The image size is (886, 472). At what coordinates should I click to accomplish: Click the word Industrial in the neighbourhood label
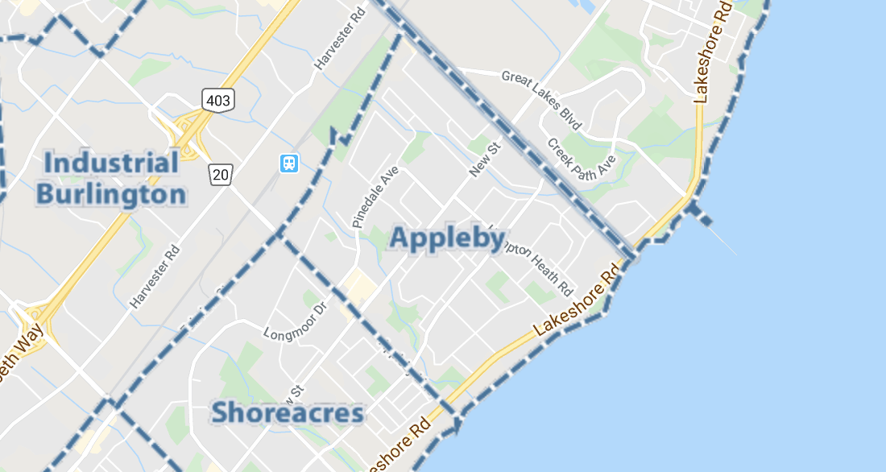[111, 163]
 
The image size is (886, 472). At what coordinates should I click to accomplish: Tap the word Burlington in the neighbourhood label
[111, 194]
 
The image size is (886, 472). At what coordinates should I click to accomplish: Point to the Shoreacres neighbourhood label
[288, 413]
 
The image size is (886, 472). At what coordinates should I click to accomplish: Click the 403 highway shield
[217, 100]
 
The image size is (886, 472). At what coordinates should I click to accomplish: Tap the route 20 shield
[221, 173]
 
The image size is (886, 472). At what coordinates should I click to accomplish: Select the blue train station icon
[288, 164]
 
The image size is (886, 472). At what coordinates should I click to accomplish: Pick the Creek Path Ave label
[581, 158]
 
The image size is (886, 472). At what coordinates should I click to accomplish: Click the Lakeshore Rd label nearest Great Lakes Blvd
[710, 55]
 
